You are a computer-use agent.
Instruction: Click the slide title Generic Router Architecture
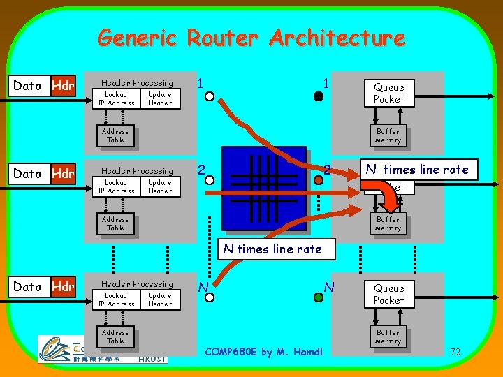click(x=251, y=38)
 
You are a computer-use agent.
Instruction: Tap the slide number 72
click(x=455, y=352)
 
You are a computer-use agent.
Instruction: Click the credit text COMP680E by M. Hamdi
click(x=264, y=352)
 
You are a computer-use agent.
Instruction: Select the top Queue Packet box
click(x=388, y=93)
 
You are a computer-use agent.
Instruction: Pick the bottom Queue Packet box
click(x=388, y=294)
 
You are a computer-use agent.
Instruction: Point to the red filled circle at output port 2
click(x=318, y=180)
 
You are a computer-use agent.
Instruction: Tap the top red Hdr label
click(x=63, y=86)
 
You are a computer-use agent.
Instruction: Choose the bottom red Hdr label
click(x=63, y=286)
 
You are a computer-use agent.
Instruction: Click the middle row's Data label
click(x=27, y=174)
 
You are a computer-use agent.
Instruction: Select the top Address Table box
click(x=115, y=135)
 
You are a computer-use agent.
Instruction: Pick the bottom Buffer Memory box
click(x=388, y=337)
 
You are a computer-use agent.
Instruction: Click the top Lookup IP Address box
click(x=116, y=98)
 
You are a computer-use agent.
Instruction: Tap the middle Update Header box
click(x=160, y=186)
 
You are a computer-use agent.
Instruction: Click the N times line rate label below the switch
click(x=272, y=249)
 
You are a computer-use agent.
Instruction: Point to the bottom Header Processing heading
click(x=137, y=284)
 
